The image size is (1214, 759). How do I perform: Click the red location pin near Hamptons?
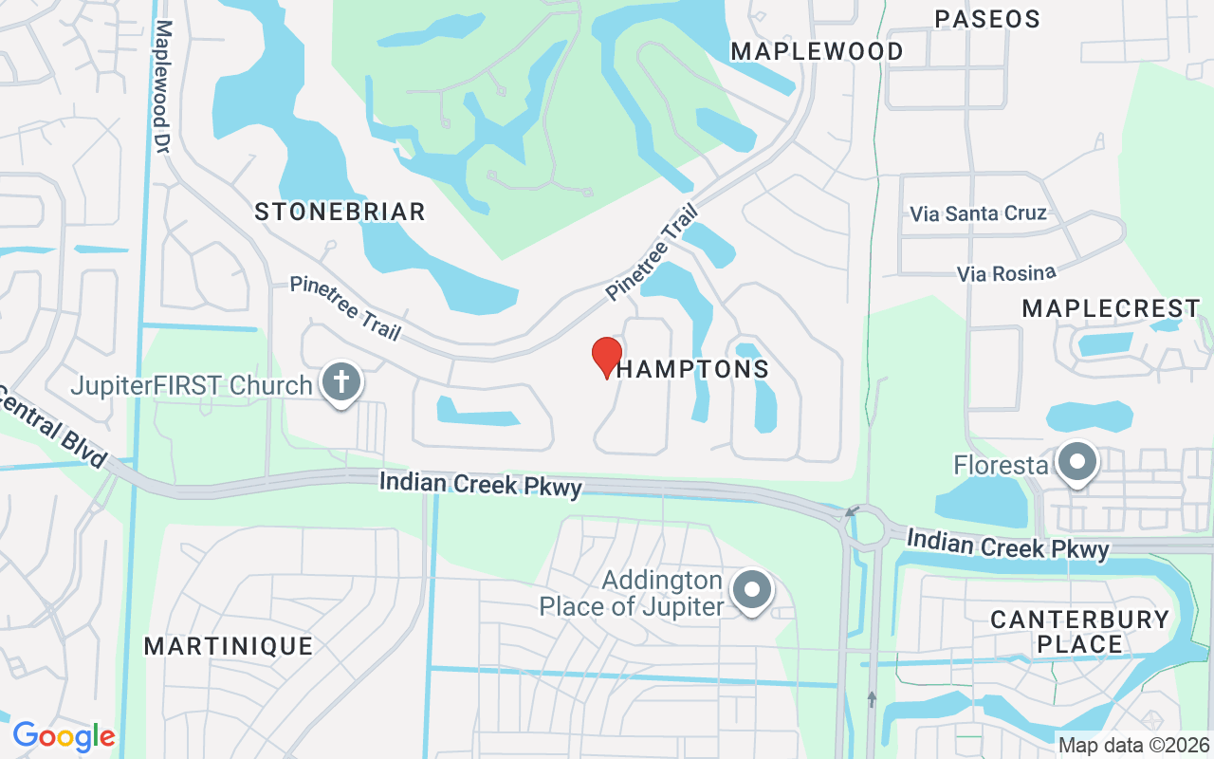607,357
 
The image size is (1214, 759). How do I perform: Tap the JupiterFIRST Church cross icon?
341,383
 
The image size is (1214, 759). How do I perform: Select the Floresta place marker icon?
1076,463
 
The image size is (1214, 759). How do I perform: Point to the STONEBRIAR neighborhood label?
340,212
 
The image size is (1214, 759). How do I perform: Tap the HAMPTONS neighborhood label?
693,369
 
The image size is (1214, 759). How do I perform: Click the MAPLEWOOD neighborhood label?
817,51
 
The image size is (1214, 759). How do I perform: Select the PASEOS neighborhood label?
986,19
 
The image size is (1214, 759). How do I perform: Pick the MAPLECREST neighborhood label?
1111,308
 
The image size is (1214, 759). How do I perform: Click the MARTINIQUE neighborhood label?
229,646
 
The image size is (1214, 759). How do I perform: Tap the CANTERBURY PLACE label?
1079,632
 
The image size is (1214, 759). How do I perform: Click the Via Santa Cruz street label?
978,213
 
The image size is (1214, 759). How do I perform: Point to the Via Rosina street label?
1006,273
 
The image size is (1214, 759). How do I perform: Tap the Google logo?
64,735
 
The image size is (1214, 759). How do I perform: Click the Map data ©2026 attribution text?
1133,745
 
